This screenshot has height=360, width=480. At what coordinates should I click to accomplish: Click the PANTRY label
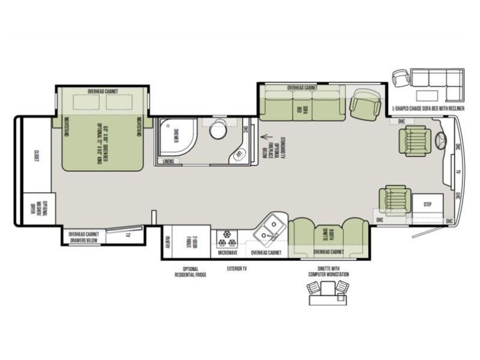(168, 241)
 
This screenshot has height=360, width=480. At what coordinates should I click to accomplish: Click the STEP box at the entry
(428, 205)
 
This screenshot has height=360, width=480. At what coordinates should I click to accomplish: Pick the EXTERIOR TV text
(236, 268)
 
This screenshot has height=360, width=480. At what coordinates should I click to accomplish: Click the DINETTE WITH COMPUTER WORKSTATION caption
(327, 271)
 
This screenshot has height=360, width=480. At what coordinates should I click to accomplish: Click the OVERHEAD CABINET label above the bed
(102, 91)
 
